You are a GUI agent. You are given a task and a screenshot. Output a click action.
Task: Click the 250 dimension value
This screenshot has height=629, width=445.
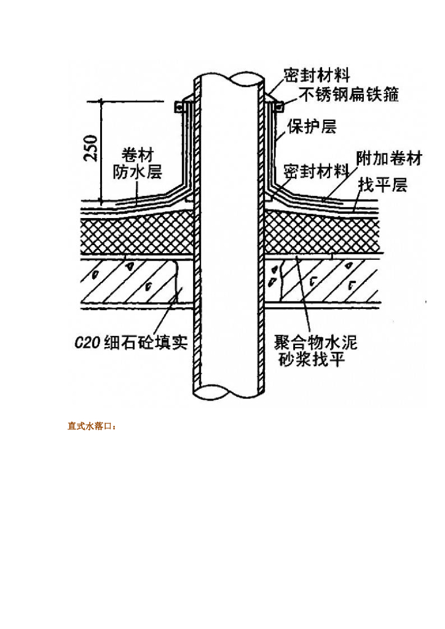coord(90,148)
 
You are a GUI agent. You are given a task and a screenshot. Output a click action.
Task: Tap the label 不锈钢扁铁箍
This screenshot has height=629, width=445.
coord(349,94)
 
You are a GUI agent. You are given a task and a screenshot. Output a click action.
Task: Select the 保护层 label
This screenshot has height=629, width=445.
coord(312,126)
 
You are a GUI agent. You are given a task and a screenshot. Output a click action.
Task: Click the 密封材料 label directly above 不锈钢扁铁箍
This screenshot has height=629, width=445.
coord(317,75)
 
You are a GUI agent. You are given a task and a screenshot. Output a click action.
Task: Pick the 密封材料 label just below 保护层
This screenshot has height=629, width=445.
coord(316,171)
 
